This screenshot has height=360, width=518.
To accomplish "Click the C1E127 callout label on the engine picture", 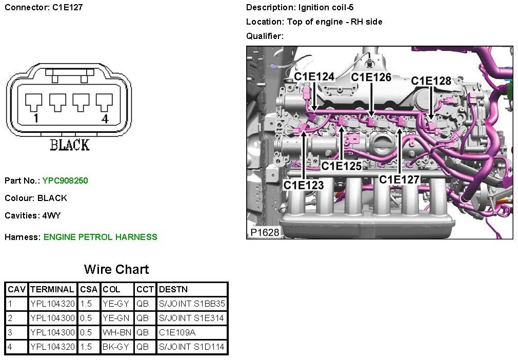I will (x=399, y=179).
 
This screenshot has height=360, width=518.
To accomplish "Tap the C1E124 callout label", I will (x=314, y=77).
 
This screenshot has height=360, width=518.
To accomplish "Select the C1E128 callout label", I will (x=431, y=81).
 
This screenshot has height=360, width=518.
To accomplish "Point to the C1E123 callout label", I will (x=304, y=185).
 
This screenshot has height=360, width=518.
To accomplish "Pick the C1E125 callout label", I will (x=342, y=166).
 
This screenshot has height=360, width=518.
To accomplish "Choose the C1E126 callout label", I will (x=371, y=77).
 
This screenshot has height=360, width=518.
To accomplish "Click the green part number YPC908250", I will (x=65, y=181).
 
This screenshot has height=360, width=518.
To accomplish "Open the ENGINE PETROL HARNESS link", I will (x=101, y=237).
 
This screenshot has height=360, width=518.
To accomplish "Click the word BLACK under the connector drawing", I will (x=69, y=145).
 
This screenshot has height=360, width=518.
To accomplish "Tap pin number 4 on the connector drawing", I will (x=105, y=119).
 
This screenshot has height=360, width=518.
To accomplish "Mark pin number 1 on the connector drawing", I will (x=35, y=119).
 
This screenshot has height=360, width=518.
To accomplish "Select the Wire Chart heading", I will (x=116, y=269).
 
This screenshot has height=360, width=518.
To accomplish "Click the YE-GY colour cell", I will (x=116, y=304).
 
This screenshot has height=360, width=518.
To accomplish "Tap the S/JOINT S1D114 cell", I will (x=192, y=347).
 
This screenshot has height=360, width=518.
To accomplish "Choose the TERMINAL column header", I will (x=52, y=289).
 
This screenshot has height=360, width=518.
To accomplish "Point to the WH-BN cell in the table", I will (x=117, y=332).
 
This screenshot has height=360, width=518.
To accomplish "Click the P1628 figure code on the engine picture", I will (x=265, y=232).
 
